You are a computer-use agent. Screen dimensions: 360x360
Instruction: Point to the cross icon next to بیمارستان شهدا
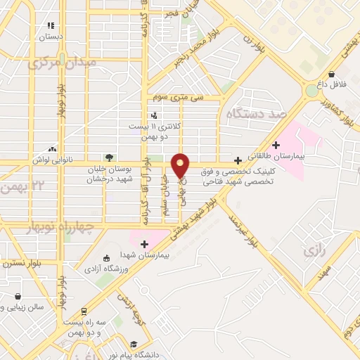(144, 245)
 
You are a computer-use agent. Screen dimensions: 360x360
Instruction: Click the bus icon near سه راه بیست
(84, 311)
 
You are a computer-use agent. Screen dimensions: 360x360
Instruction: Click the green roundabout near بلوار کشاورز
(311, 91)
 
